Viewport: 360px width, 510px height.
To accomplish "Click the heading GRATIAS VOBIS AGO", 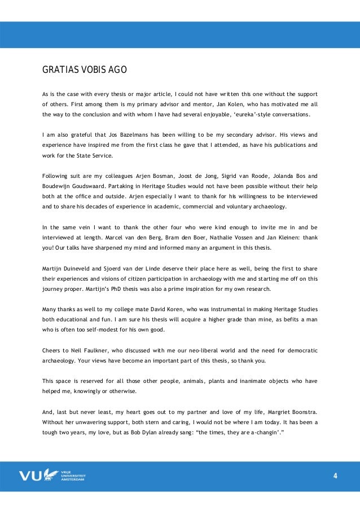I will pos(85,71).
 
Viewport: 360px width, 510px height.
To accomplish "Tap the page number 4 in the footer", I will pos(335,476).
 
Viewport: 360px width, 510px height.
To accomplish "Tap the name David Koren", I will pos(157,309).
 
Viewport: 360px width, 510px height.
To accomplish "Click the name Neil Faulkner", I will pos(86,350).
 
